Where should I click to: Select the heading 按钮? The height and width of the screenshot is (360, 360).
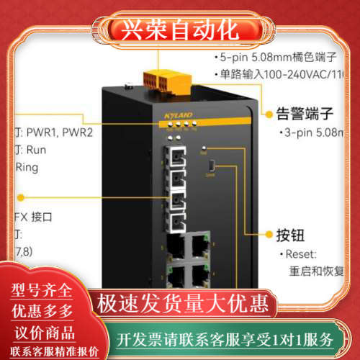(290, 235)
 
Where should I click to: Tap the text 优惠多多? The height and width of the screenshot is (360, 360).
(42, 311)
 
